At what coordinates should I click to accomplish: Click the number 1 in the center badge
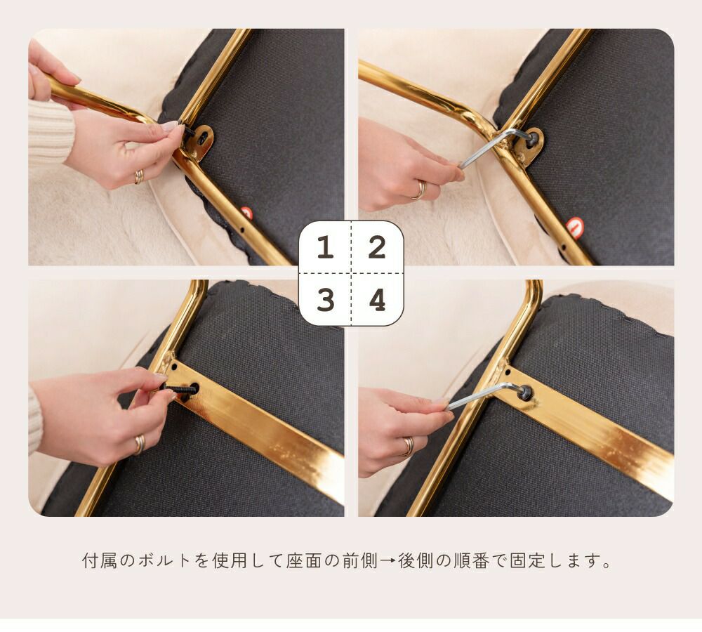[326, 247]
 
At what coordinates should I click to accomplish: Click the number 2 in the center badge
[377, 247]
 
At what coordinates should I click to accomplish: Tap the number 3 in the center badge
[326, 300]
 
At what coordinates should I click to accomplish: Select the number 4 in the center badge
[378, 300]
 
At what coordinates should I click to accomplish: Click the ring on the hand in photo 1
[139, 177]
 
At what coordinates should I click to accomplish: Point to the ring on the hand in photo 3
[140, 445]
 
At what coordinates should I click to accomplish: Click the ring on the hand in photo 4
[409, 446]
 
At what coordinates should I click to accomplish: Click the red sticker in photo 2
[575, 225]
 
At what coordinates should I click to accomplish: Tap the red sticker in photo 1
[246, 212]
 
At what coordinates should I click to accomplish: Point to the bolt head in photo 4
[525, 393]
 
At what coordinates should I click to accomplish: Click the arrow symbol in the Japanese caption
[388, 561]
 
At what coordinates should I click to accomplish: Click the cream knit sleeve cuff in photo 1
[50, 131]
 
